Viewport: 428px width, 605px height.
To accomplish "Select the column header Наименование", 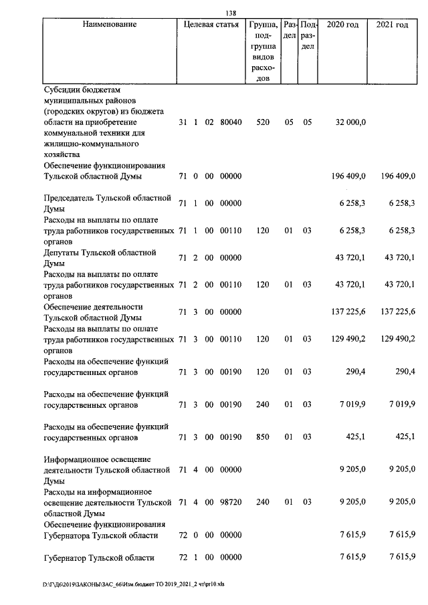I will [x=110, y=25].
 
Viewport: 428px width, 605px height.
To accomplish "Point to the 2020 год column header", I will [x=342, y=25].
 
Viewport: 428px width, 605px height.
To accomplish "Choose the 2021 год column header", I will [x=392, y=25].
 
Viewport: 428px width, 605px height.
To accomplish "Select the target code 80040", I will [x=231, y=123].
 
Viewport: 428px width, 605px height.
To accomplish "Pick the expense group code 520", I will [x=263, y=123].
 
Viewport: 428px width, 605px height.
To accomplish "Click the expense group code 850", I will [x=263, y=438].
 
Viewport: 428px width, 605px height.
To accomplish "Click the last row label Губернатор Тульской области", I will [x=99, y=558].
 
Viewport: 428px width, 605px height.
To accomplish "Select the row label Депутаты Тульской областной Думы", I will [x=100, y=258].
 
